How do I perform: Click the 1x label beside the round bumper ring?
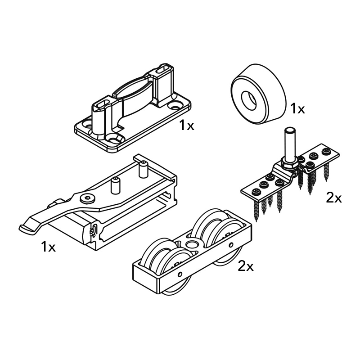point(297,108)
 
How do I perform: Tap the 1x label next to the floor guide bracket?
point(187,126)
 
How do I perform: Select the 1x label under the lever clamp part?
point(49,247)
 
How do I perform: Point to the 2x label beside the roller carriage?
point(246,266)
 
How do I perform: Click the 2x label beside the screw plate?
point(334,198)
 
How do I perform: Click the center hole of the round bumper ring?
point(248,100)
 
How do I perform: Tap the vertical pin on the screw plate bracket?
point(290,144)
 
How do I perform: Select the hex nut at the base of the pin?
point(289,163)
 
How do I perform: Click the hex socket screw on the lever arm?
point(87,199)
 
